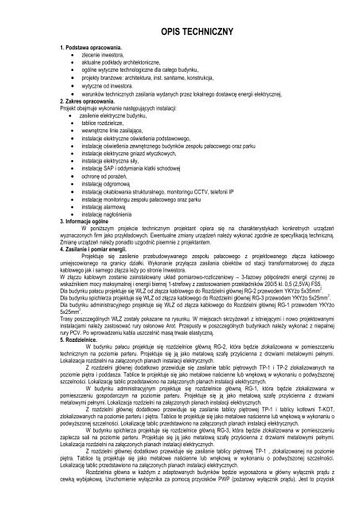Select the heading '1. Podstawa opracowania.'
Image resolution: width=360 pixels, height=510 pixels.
pyautogui.click(x=85, y=49)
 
